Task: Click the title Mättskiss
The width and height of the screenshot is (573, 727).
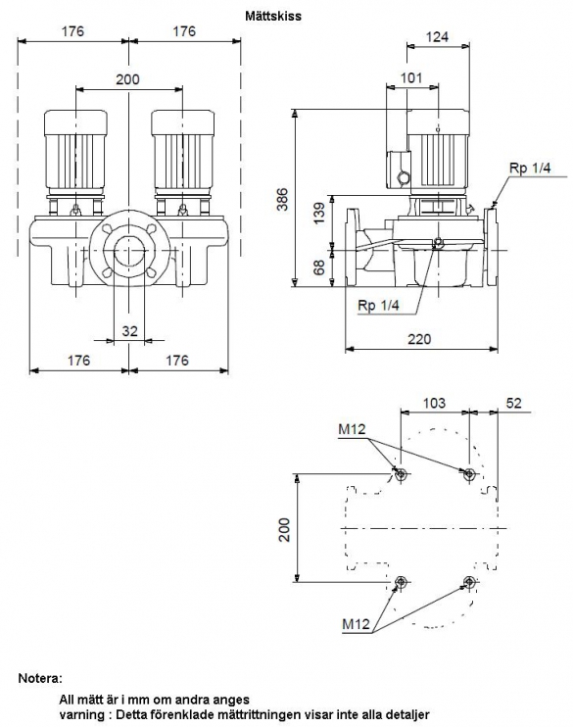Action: coord(273,17)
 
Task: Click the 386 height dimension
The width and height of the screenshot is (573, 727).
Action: coord(282,199)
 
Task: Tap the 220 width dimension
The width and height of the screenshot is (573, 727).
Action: coord(419,339)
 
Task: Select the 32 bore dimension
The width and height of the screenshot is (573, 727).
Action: coord(130,331)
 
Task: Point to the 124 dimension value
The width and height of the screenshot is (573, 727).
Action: coord(437,36)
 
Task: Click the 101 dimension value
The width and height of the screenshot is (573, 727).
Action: coord(411,77)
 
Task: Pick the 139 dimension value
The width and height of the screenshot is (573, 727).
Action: coord(319,214)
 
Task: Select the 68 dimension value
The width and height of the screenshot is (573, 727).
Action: coord(319,267)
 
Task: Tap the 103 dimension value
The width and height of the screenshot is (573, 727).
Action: coord(434,403)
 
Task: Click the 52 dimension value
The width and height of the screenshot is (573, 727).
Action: coord(513,403)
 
